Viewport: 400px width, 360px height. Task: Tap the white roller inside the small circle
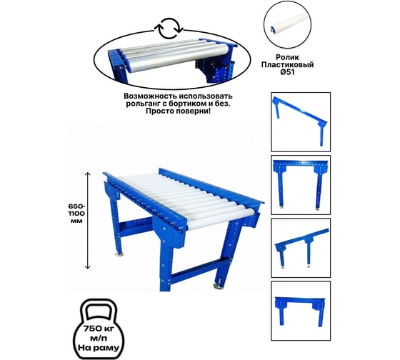287,22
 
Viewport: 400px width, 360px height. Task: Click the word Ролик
287,57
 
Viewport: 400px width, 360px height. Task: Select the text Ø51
287,72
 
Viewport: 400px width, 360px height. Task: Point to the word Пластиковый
287,65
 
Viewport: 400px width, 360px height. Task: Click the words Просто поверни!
178,111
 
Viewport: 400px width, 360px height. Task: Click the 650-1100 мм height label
77,214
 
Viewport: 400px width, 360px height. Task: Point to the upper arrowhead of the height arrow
87,174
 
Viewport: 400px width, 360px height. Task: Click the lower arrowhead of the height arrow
87,267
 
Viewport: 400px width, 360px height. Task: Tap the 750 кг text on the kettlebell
99,328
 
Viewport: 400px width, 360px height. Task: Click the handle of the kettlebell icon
99,310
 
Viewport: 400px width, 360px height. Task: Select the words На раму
99,348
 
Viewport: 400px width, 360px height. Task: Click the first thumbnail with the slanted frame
301,122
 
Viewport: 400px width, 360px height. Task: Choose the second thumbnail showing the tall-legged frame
301,185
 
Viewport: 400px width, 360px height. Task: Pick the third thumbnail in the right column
301,248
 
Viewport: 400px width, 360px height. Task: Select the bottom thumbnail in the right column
301,311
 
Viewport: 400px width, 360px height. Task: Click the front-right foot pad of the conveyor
219,286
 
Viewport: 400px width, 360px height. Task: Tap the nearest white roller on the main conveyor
221,218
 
